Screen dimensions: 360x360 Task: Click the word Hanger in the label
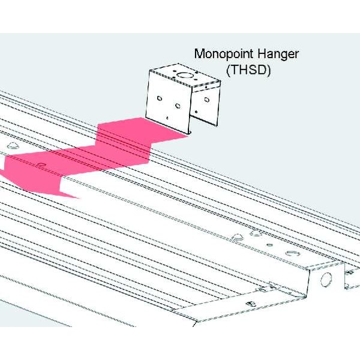click(x=277, y=53)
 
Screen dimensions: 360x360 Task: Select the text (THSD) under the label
click(x=248, y=69)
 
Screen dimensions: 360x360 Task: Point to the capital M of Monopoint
click(x=199, y=53)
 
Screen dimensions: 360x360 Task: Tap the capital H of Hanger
click(x=259, y=53)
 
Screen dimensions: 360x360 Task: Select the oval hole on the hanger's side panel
click(x=207, y=98)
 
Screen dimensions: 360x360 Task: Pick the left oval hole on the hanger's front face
click(x=159, y=98)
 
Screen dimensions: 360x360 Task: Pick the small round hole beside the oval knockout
click(x=269, y=245)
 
